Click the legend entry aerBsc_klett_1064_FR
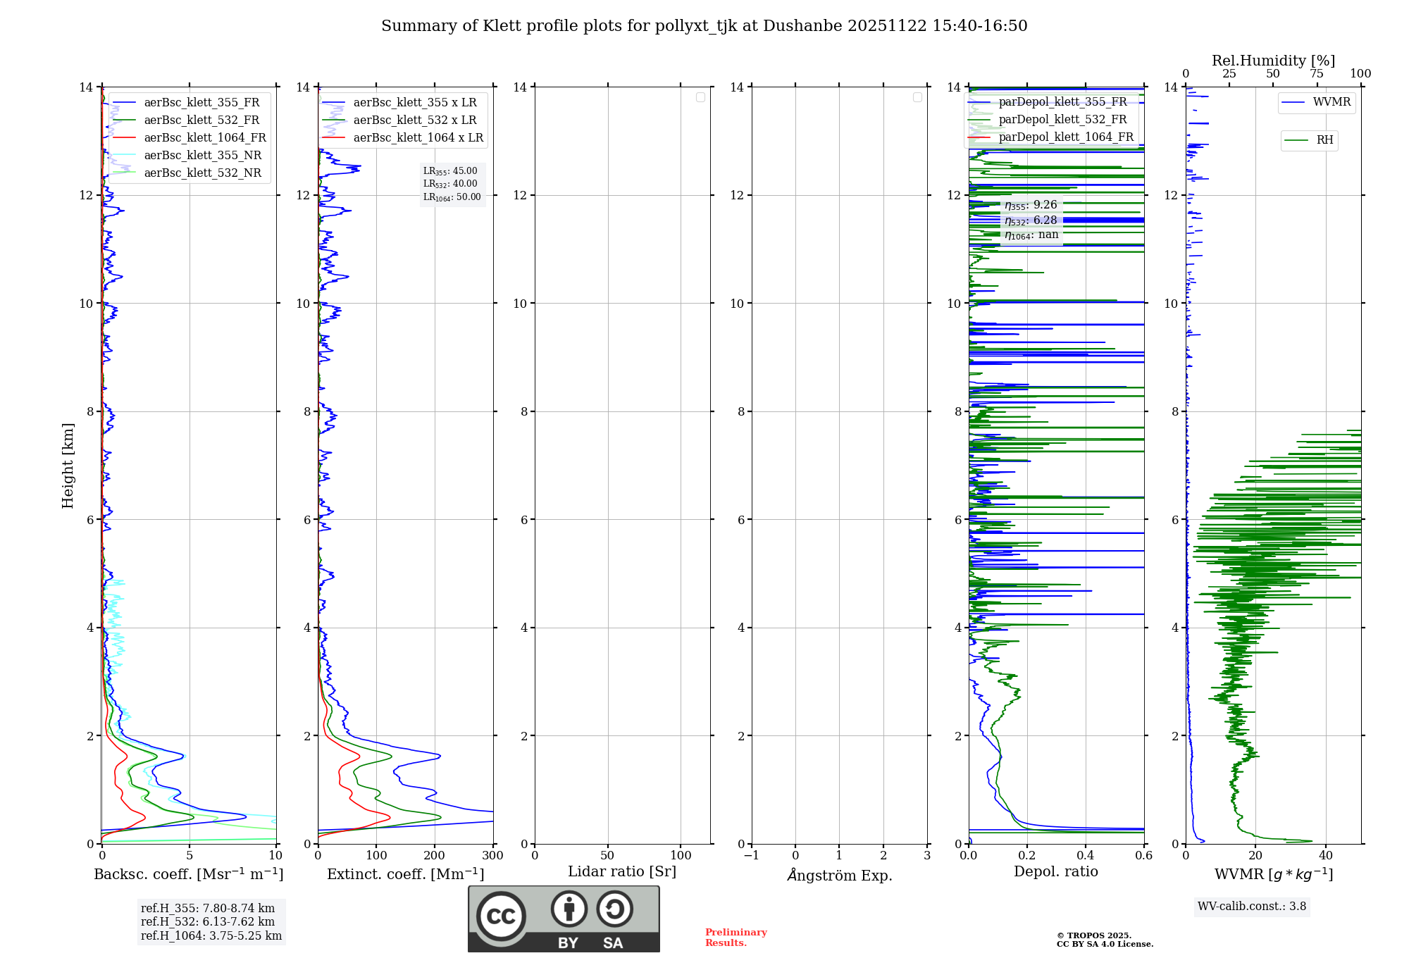(x=204, y=137)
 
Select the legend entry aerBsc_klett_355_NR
(x=202, y=155)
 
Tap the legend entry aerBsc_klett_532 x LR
(x=414, y=120)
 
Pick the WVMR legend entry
(x=1331, y=102)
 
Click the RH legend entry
(x=1324, y=140)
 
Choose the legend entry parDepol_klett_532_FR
(x=1062, y=120)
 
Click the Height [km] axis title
(x=68, y=465)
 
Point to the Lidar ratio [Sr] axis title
(x=621, y=871)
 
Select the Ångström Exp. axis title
(x=839, y=875)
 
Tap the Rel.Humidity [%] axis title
(x=1273, y=61)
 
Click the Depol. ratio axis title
(x=1055, y=871)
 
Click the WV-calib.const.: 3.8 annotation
(x=1252, y=907)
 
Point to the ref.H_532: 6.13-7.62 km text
(x=208, y=921)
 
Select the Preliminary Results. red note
(x=735, y=937)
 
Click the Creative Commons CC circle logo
(x=501, y=916)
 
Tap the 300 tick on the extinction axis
(x=493, y=855)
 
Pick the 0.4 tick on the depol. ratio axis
(x=1086, y=855)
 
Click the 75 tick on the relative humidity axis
(x=1316, y=74)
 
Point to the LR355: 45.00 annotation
(x=450, y=171)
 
